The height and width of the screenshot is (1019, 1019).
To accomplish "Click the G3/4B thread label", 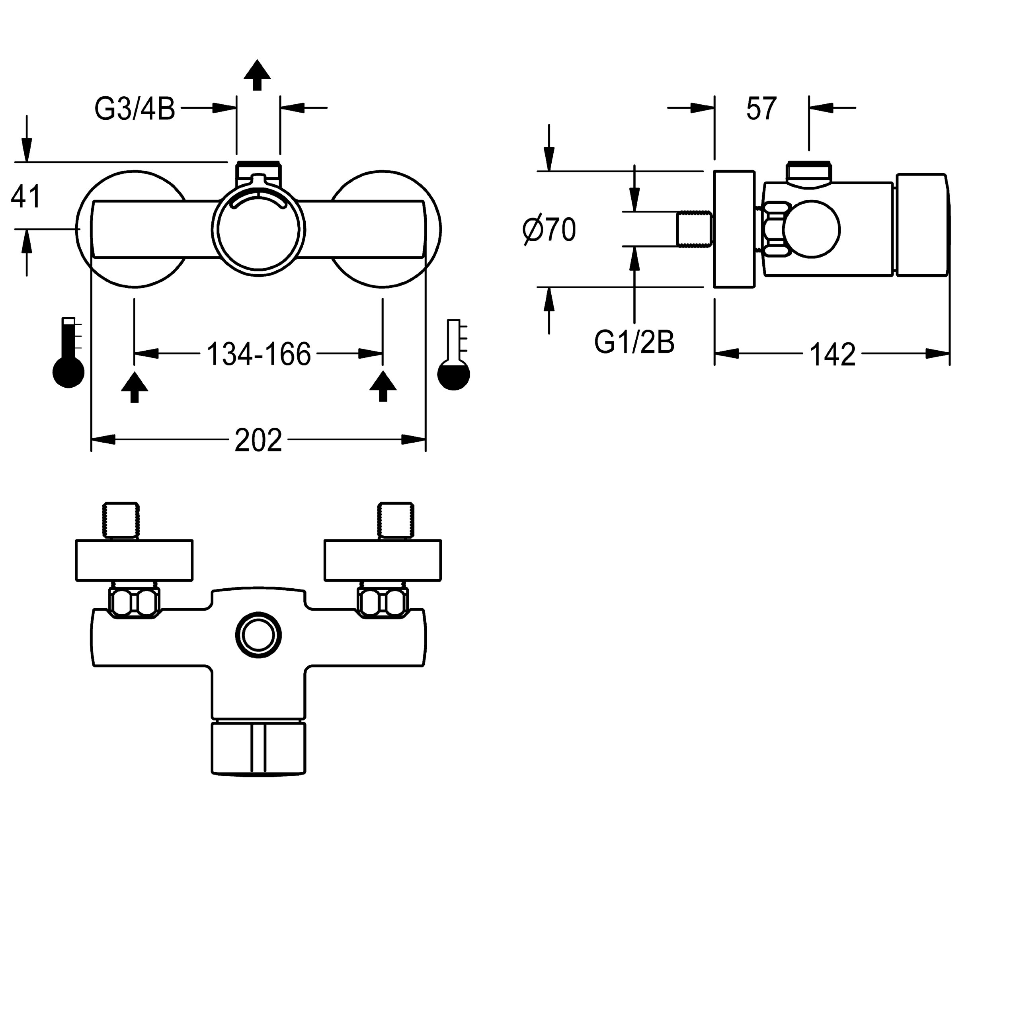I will (135, 110).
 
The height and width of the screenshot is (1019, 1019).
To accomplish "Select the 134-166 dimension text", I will (258, 354).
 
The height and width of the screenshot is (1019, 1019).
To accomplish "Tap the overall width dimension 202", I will (258, 440).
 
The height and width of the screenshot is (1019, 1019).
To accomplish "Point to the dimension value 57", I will (761, 109).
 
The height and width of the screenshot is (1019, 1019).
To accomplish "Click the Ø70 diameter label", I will (549, 230).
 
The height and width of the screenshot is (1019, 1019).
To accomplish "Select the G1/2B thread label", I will (634, 343).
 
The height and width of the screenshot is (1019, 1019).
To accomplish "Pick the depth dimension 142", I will (832, 355).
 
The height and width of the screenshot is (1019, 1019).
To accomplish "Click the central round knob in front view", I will (258, 230).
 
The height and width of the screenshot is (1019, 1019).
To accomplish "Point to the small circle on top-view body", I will (258, 634).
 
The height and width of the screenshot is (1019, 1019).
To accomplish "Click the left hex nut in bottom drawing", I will (134, 602).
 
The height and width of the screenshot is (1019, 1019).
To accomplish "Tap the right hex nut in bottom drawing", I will (383, 602).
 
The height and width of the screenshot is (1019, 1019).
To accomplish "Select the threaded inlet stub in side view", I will (695, 229).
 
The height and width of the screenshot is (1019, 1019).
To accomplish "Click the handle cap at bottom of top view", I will (258, 749).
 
